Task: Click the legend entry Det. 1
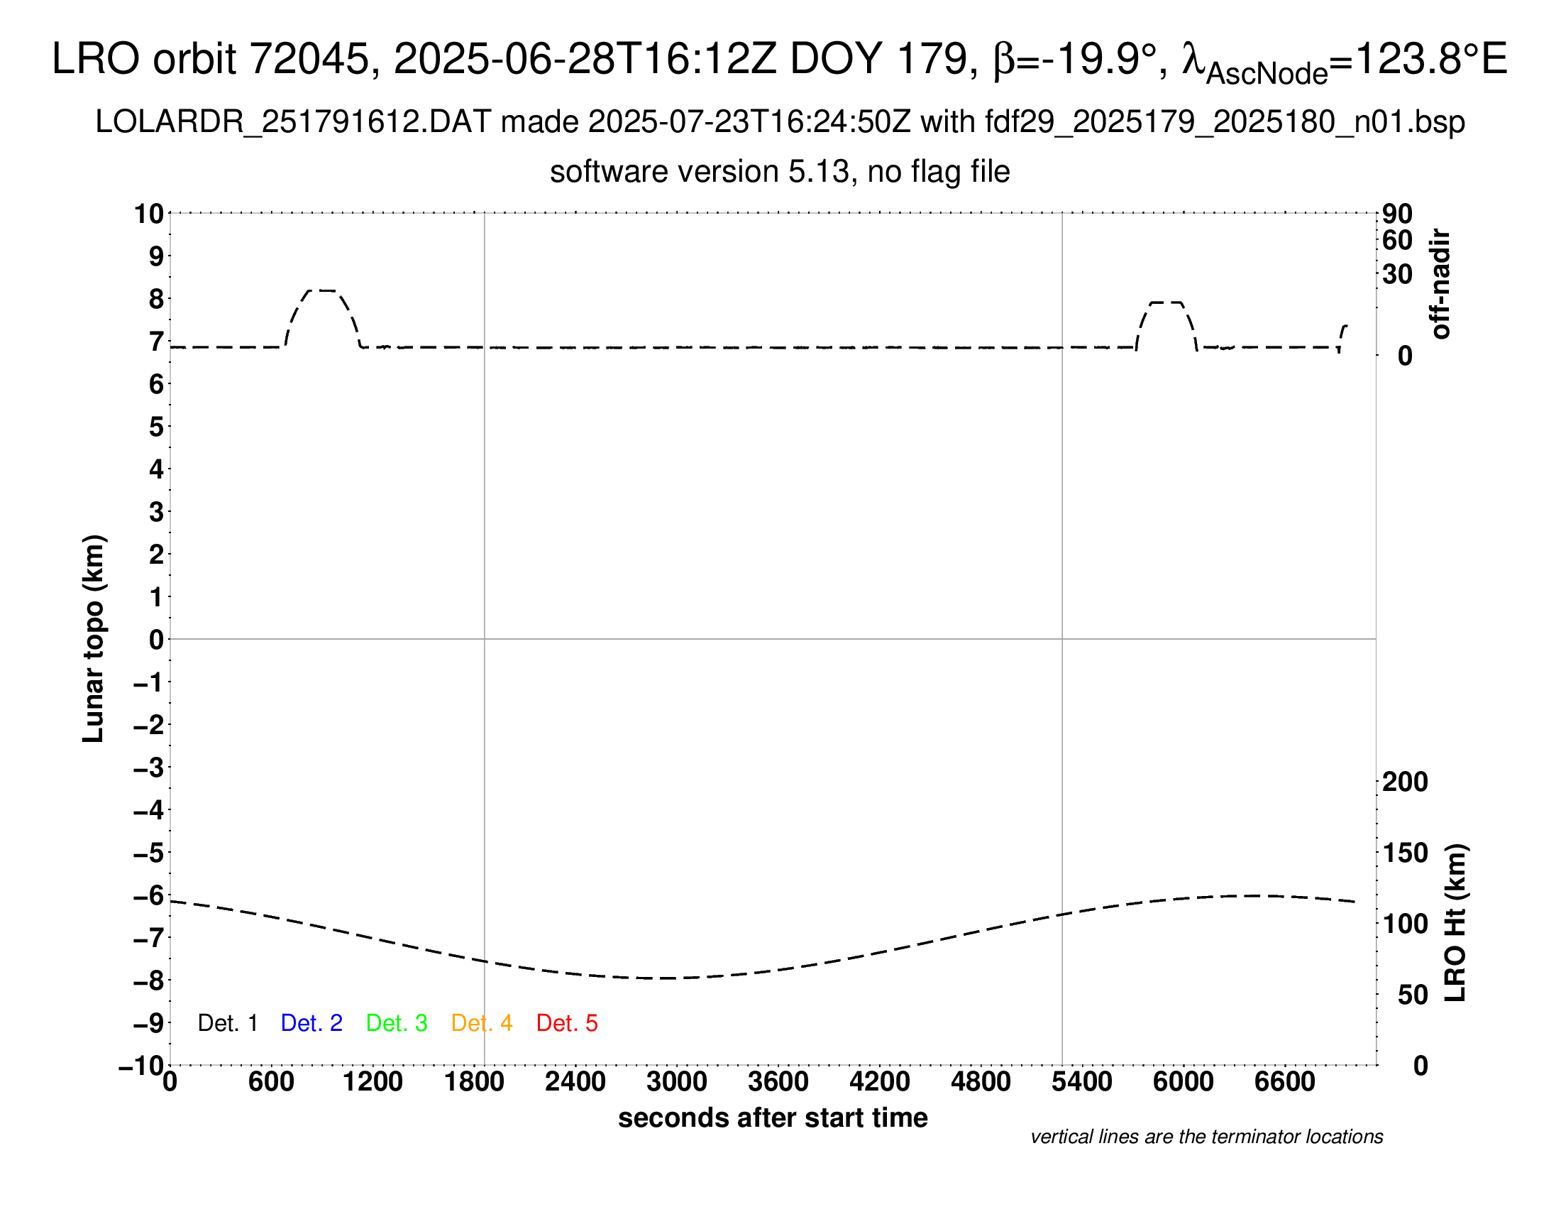227,1023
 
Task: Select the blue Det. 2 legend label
311,1023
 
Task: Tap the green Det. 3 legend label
397,1023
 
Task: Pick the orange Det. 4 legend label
482,1023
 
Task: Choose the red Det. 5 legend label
567,1023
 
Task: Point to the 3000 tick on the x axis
676,1081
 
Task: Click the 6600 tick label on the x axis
1284,1081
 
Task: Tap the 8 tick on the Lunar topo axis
156,299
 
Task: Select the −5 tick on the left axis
149,853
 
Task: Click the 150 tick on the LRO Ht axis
1405,853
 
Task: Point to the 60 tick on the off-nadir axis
1397,240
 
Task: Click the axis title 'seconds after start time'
773,1118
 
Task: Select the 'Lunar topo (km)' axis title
94,638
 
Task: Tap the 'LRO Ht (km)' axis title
1455,923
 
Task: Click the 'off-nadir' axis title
1441,284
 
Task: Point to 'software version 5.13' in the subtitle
700,173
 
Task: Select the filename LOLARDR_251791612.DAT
292,122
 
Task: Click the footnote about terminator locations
1206,1137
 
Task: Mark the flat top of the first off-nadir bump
322,290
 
